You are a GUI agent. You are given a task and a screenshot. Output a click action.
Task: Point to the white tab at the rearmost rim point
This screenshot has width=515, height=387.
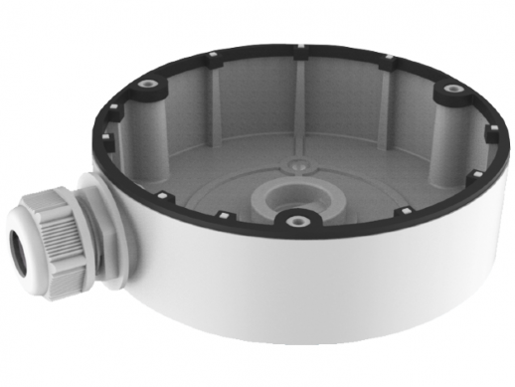(299, 46)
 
